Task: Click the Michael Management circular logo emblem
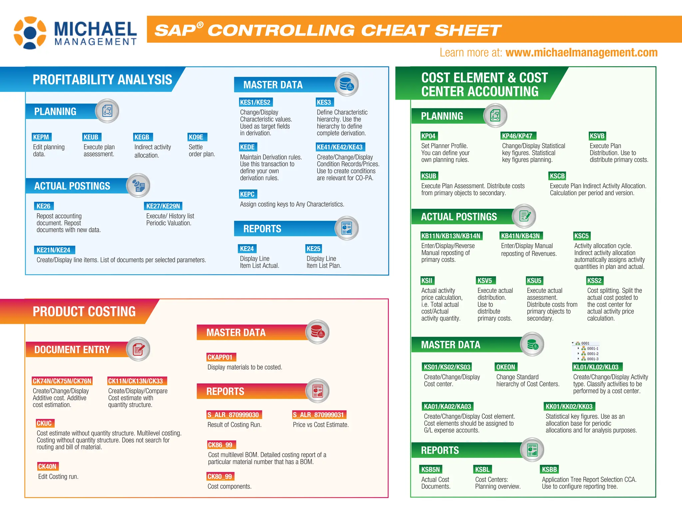point(30,33)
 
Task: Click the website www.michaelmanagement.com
point(581,53)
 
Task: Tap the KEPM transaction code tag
point(41,137)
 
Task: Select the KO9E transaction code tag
point(196,137)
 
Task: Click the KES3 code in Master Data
point(324,102)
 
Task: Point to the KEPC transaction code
point(247,194)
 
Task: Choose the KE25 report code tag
point(313,249)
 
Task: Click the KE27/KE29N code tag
point(163,206)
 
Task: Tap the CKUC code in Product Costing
point(44,423)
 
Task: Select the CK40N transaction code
point(47,467)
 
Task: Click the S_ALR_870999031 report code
point(318,415)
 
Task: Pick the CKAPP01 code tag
point(220,357)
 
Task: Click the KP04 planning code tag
point(428,136)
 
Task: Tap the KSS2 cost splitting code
point(595,281)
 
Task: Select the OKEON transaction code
point(506,367)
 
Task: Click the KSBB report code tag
point(549,470)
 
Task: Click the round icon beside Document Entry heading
point(138,349)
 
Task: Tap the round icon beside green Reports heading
point(532,450)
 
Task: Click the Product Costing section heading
point(84,312)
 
